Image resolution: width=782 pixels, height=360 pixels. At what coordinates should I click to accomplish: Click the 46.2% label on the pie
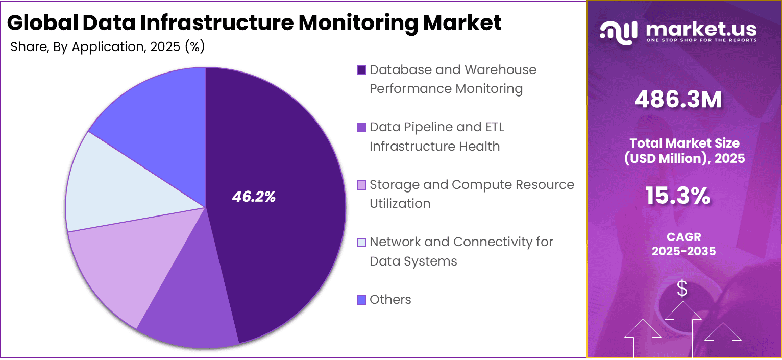click(254, 197)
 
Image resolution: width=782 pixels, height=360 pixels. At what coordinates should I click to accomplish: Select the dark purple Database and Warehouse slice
click(286, 153)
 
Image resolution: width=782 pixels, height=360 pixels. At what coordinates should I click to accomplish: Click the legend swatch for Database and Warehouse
click(361, 70)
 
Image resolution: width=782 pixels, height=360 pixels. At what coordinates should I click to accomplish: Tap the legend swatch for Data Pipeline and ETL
click(361, 127)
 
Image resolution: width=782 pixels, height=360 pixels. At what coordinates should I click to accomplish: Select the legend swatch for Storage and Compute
click(361, 185)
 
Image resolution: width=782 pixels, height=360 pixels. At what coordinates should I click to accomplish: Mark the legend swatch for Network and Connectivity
click(361, 242)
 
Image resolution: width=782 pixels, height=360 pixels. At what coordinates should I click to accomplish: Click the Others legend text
click(390, 300)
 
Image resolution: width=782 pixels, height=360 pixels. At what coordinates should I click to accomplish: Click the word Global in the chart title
click(38, 23)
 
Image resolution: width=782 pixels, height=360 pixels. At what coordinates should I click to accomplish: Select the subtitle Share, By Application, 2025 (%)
click(107, 47)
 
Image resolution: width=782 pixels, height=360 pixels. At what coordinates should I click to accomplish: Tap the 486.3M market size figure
click(678, 100)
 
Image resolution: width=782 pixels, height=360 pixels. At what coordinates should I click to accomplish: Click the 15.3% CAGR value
click(678, 196)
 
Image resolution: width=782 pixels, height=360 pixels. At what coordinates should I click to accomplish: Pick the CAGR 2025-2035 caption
click(683, 244)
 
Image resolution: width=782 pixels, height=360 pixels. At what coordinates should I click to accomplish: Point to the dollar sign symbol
click(682, 289)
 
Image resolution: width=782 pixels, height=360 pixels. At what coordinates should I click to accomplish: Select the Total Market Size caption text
click(685, 151)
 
